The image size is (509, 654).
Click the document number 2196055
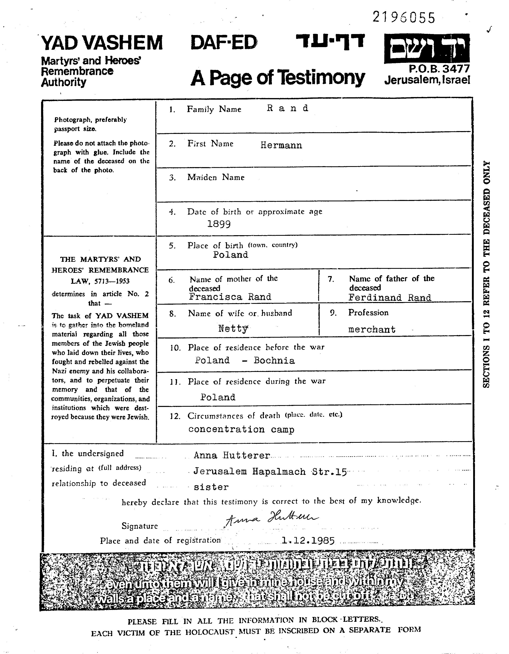[x=403, y=18]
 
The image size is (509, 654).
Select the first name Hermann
[x=281, y=146]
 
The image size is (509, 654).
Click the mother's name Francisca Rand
[x=230, y=297]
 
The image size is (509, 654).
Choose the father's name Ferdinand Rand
[x=390, y=298]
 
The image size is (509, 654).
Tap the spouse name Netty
[x=233, y=329]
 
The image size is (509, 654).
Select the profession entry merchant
[x=372, y=330]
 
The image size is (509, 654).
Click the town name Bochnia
[x=274, y=361]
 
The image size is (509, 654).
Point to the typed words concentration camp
[x=241, y=429]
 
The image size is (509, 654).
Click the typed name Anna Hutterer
[x=232, y=455]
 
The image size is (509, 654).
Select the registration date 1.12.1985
[x=308, y=541]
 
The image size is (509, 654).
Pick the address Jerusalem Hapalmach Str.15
[x=270, y=472]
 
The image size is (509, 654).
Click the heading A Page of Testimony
[x=278, y=78]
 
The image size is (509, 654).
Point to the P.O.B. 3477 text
[x=439, y=69]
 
